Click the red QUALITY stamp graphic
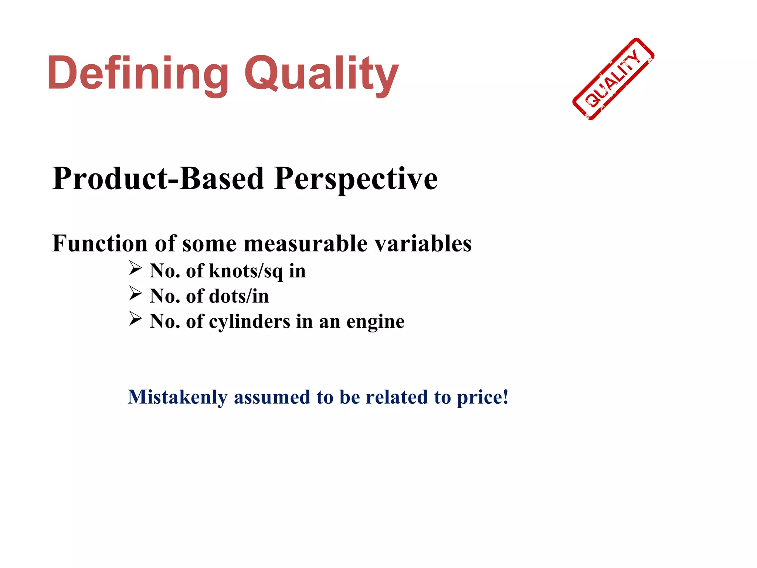click(x=613, y=79)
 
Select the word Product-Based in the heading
click(x=159, y=179)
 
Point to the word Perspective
click(x=356, y=179)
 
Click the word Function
click(x=100, y=244)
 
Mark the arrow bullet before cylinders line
click(x=135, y=318)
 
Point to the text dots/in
click(x=239, y=296)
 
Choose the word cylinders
click(x=249, y=321)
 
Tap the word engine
click(x=375, y=321)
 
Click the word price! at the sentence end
click(x=483, y=398)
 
